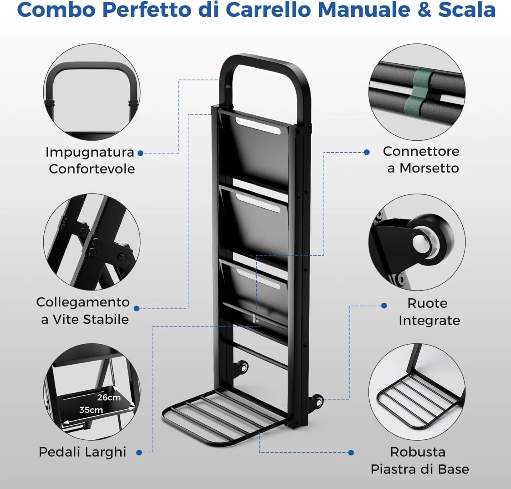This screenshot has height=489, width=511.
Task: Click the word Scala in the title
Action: [467, 10]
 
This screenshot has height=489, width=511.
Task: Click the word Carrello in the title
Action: [268, 10]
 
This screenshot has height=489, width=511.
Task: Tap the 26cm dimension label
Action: [109, 397]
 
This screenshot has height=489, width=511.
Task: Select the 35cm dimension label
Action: [91, 410]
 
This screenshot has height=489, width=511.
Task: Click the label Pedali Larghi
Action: [82, 452]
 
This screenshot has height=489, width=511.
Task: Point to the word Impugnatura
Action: [90, 152]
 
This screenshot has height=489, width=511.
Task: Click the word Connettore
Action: [421, 151]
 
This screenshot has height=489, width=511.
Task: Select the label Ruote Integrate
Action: [429, 312]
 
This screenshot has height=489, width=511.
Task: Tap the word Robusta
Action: [418, 452]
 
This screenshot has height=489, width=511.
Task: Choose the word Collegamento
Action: [83, 302]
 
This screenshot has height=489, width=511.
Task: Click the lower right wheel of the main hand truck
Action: [317, 400]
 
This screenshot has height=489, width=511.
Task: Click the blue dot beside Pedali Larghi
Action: [139, 452]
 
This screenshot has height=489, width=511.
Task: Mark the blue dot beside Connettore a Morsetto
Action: [367, 152]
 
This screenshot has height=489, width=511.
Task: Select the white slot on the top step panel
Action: [258, 125]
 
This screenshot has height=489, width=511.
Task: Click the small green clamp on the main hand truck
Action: [255, 319]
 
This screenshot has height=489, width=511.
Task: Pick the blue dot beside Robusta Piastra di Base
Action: [351, 452]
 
